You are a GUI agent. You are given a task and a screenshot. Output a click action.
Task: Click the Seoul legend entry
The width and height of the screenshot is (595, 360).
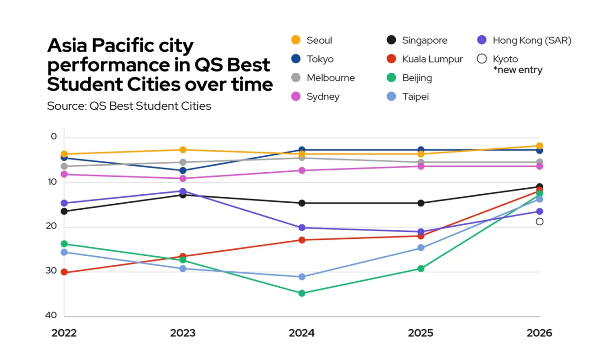tap(312, 40)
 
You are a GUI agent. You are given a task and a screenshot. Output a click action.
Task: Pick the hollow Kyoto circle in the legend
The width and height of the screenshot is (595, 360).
tap(481, 59)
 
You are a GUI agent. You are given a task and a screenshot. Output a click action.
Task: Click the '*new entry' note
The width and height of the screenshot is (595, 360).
tap(518, 70)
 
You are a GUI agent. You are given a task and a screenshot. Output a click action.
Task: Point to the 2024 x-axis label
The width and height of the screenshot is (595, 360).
tap(301, 333)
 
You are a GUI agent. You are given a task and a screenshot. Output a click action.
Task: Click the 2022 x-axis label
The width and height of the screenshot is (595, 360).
tap(64, 333)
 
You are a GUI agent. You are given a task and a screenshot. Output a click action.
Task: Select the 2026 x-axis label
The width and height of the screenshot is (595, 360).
tap(540, 333)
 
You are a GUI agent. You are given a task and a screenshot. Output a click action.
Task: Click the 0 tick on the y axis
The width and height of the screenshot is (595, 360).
tap(54, 137)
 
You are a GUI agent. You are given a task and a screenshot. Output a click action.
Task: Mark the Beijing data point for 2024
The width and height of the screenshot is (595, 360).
tap(302, 293)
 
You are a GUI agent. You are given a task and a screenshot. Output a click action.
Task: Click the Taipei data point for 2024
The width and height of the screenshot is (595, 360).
tap(302, 277)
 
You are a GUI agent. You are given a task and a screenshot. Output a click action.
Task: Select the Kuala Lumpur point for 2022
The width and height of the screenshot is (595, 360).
tap(64, 272)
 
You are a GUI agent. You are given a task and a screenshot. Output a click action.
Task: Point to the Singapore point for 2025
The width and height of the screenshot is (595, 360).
tap(421, 203)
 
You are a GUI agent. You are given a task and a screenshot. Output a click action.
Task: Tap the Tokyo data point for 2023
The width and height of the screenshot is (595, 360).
tap(183, 170)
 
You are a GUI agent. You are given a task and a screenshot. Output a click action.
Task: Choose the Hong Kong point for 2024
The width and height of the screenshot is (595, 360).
tap(302, 228)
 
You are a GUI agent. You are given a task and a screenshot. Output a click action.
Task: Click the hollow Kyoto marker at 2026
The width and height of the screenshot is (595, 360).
tap(540, 222)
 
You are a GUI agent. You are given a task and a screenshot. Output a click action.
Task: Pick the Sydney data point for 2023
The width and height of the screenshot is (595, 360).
tap(183, 178)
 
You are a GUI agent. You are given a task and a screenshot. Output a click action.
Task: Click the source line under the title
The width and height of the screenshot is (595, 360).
tap(129, 106)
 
